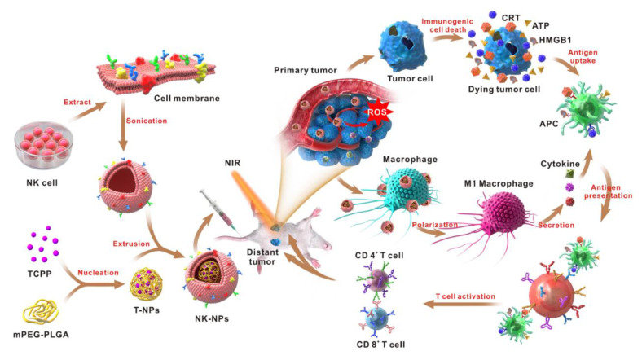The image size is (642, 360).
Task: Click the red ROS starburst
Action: tap(376, 112)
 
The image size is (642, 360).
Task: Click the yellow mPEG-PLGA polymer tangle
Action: tap(41, 314)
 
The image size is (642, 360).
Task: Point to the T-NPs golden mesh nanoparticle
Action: tap(146, 284)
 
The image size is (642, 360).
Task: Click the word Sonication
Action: tap(146, 121)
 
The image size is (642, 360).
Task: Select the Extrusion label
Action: tap(131, 244)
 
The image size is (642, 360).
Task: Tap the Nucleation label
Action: tap(99, 273)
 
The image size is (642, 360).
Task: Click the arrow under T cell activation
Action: tap(463, 304)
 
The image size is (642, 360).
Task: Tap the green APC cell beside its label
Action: tap(587, 109)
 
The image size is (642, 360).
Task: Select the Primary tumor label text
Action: tap(306, 70)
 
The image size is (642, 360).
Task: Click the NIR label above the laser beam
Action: tap(232, 163)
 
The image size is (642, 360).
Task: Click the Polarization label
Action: tap(434, 225)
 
